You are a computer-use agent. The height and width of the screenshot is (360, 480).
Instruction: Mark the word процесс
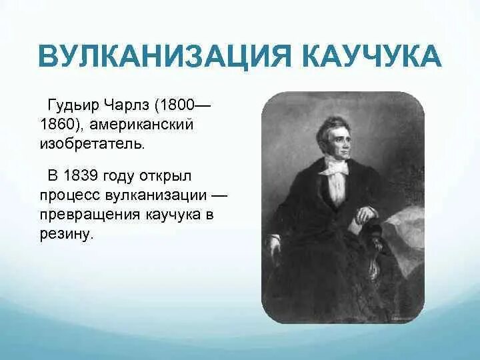[x=69, y=196]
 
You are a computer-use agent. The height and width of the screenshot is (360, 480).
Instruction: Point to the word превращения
[x=83, y=215]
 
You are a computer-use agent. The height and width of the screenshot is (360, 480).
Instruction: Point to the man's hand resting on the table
[x=365, y=215]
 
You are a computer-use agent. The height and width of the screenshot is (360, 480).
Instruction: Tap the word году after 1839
[x=119, y=177]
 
